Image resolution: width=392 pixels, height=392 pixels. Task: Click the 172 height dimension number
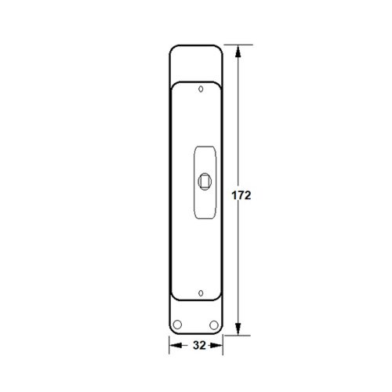241,195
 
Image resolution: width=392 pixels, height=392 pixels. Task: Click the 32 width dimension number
199,346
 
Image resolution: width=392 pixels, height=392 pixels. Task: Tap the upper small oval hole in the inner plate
201,89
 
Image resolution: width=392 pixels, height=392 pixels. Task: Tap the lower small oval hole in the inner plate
201,293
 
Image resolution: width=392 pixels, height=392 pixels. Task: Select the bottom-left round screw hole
177,325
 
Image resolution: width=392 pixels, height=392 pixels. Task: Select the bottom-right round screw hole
214,325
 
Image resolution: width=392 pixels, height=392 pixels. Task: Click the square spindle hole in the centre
205,181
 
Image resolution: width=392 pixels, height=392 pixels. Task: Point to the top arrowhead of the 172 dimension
238,51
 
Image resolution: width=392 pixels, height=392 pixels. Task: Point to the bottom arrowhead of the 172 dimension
238,328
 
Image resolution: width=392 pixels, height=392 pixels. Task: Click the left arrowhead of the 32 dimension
176,346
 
